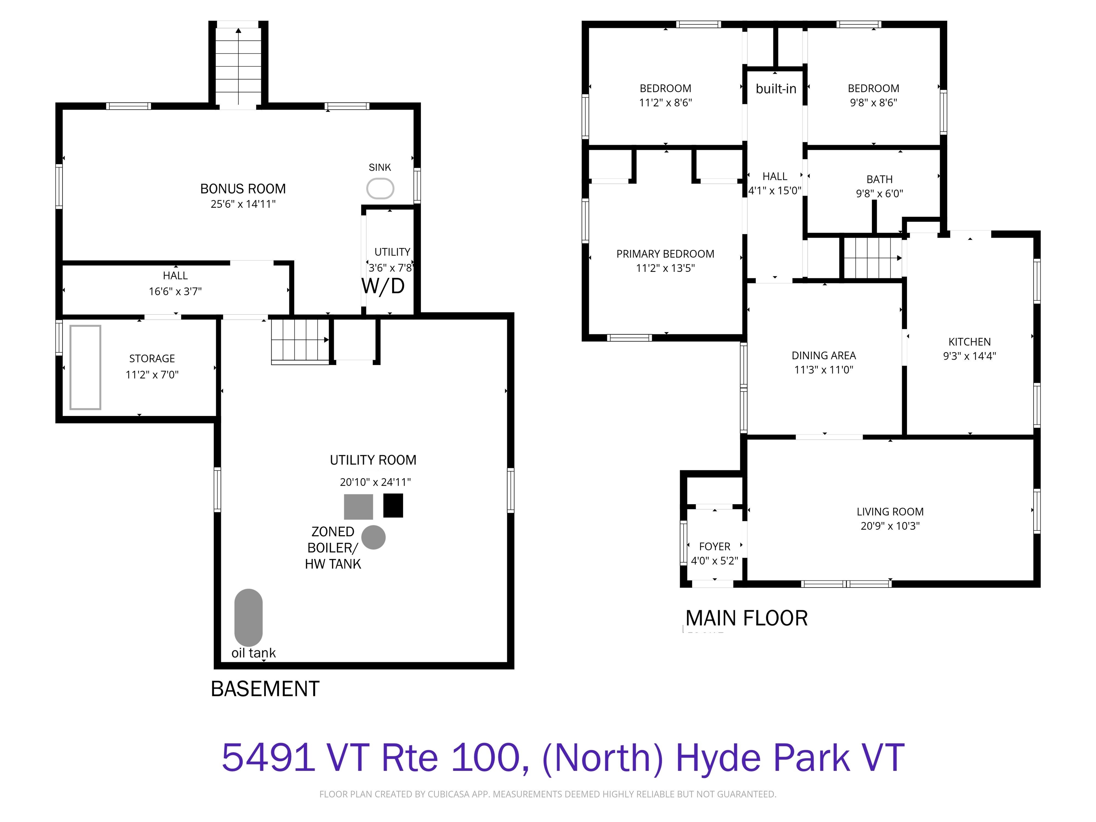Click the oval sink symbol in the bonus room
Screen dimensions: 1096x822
pyautogui.click(x=380, y=189)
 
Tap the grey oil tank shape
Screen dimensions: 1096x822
pyautogui.click(x=248, y=617)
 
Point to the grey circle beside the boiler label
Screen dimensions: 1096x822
pyautogui.click(x=374, y=537)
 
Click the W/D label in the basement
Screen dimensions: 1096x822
pyautogui.click(x=383, y=286)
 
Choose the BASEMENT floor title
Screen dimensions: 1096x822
pyautogui.click(x=265, y=689)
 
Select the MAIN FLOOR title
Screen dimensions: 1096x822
pyautogui.click(x=747, y=618)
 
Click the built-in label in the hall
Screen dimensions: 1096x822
pyautogui.click(x=776, y=89)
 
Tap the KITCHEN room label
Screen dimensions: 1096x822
pyautogui.click(x=970, y=342)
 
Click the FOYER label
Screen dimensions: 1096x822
pyautogui.click(x=715, y=547)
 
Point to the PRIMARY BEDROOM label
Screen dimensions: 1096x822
pyautogui.click(x=665, y=254)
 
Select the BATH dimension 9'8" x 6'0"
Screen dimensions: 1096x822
pyautogui.click(x=879, y=194)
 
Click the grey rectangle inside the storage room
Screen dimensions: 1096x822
pyautogui.click(x=85, y=367)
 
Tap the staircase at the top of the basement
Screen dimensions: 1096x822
pyautogui.click(x=238, y=66)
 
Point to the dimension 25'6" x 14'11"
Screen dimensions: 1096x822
pyautogui.click(x=243, y=204)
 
